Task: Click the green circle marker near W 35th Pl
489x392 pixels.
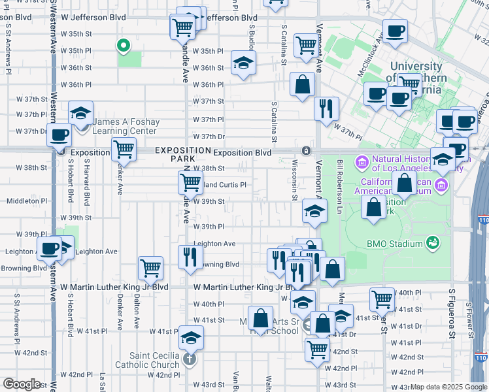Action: pyautogui.click(x=122, y=46)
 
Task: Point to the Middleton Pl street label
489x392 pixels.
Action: pyautogui.click(x=24, y=201)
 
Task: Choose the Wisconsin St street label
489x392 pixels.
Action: pyautogui.click(x=295, y=182)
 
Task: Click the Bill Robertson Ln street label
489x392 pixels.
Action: pyautogui.click(x=340, y=186)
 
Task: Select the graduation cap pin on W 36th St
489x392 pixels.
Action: pyautogui.click(x=243, y=63)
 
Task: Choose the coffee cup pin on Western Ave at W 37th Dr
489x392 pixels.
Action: pyautogui.click(x=59, y=135)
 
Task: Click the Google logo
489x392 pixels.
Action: pyautogui.click(x=22, y=384)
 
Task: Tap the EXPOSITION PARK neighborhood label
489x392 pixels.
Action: pyautogui.click(x=175, y=154)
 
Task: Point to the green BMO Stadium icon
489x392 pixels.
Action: pyautogui.click(x=431, y=244)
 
